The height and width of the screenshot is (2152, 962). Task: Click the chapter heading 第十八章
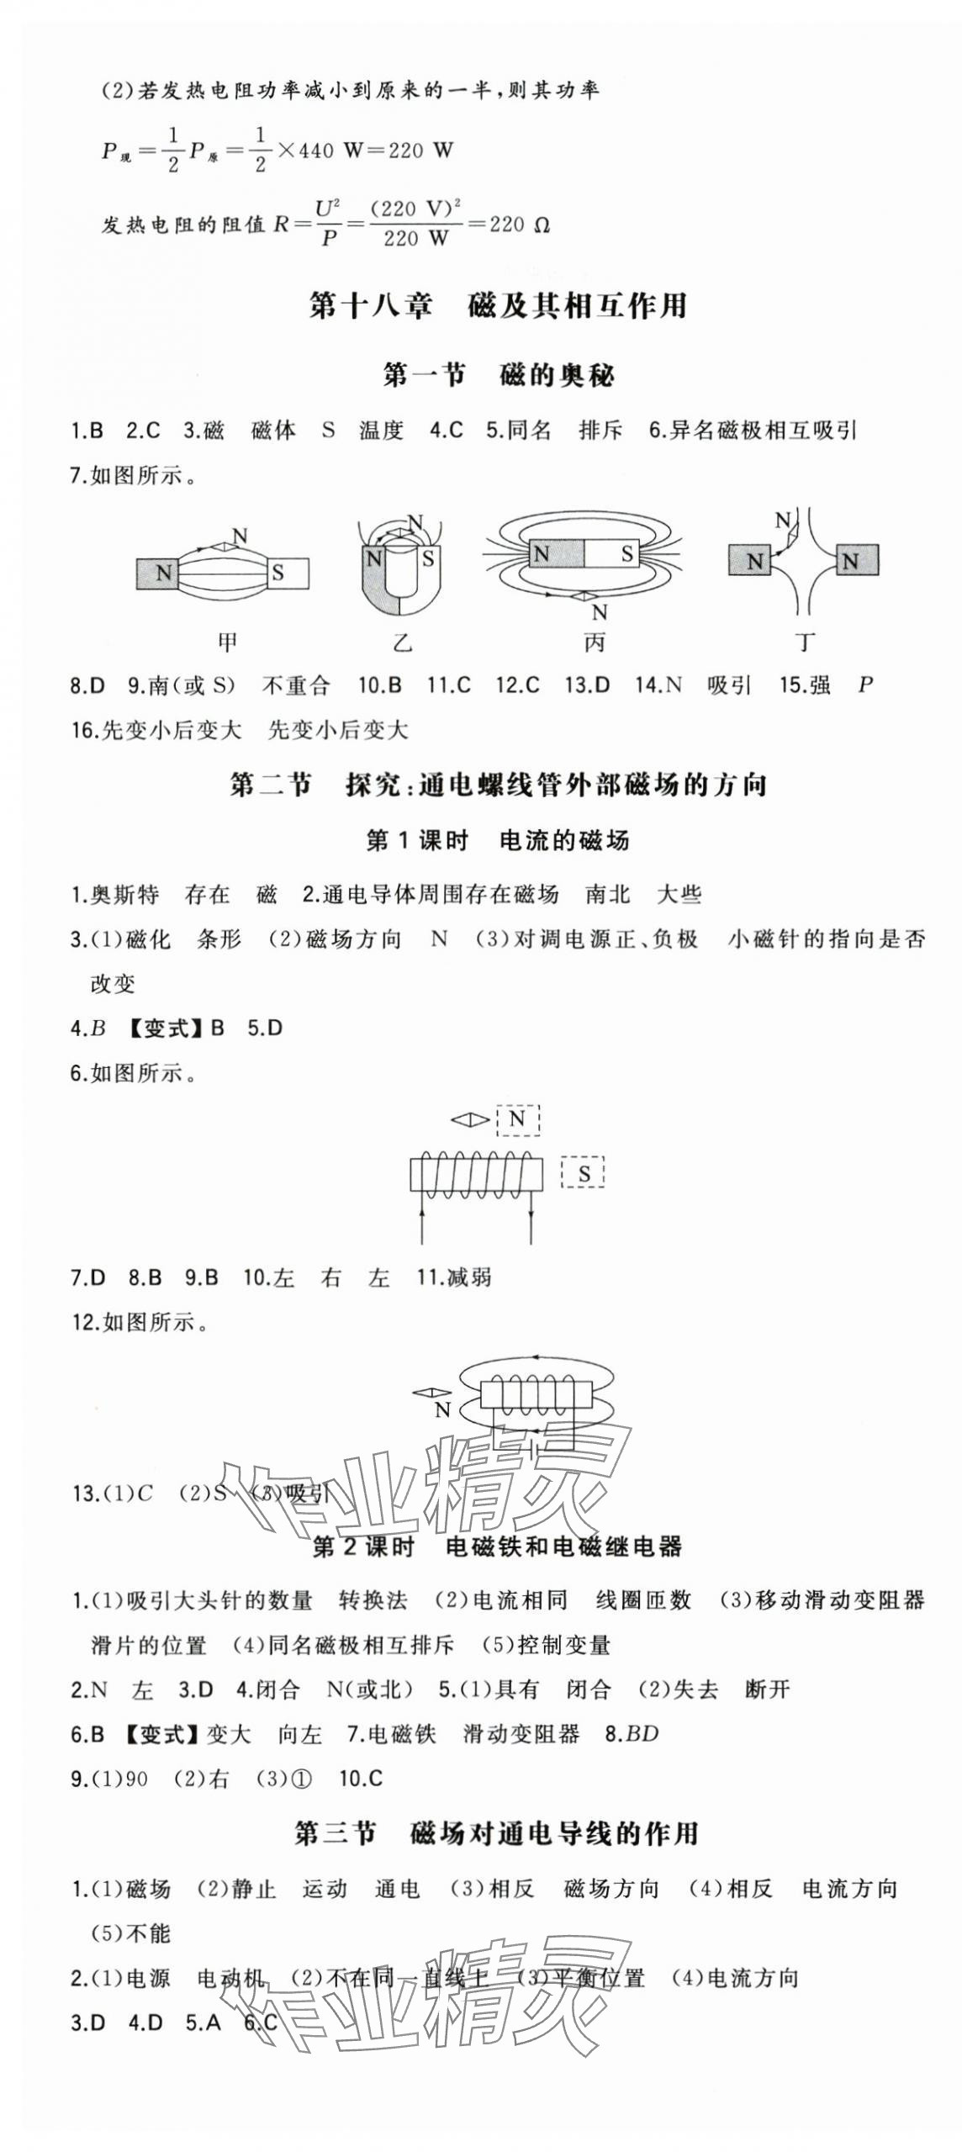(x=370, y=305)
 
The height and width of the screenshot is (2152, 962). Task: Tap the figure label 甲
(x=227, y=642)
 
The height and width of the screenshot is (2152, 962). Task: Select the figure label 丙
(x=595, y=642)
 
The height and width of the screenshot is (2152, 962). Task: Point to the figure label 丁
(x=806, y=642)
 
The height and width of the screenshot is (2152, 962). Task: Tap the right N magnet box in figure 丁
(x=857, y=560)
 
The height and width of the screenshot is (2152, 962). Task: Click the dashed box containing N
(x=517, y=1119)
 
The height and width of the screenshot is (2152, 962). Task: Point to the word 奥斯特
(x=124, y=894)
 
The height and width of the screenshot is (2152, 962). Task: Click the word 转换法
(x=373, y=1599)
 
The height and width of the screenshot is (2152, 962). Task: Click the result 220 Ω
(x=520, y=225)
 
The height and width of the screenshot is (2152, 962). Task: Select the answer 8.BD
(x=632, y=1733)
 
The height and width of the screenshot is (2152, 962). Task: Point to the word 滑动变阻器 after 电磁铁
(x=521, y=1733)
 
